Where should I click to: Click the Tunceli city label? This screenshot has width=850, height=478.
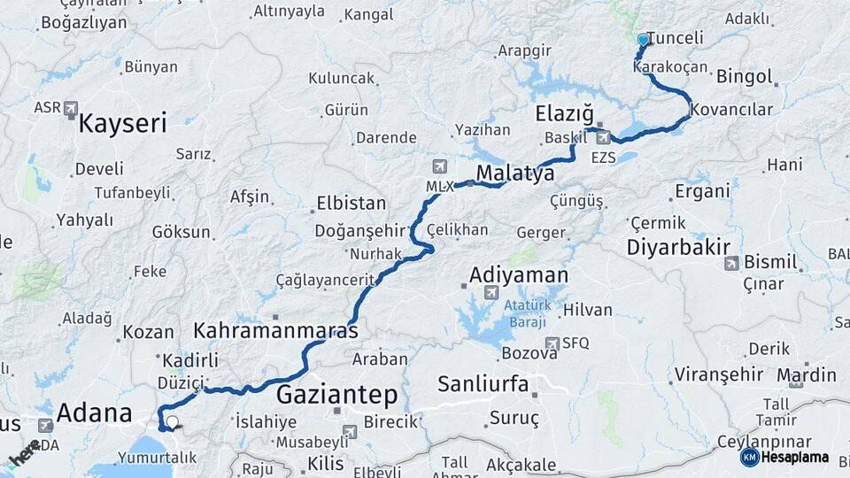tap(676, 38)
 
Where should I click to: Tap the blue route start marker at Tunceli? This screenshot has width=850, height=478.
tap(643, 39)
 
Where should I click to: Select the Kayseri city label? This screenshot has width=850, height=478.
tap(122, 122)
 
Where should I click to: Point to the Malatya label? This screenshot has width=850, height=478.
tap(515, 173)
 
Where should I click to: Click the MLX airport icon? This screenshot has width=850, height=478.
tap(440, 166)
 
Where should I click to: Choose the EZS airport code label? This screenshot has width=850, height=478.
tap(603, 157)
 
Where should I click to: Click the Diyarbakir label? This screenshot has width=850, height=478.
tap(678, 247)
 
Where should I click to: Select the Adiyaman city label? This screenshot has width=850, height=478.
tap(518, 274)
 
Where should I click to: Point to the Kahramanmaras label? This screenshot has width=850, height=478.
tap(275, 331)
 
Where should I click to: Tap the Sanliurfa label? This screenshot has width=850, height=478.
tap(483, 384)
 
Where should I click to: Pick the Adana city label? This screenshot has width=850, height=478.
tap(94, 412)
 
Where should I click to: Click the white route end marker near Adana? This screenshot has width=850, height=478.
tap(173, 423)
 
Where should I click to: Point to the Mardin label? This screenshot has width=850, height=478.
tap(807, 374)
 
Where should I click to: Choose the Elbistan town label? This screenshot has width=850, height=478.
tap(352, 203)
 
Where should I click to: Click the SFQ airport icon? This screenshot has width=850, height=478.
tap(552, 343)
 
